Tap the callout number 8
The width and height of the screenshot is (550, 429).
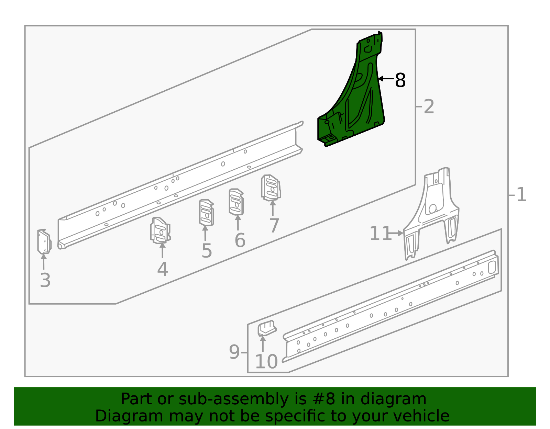pyautogui.click(x=400, y=80)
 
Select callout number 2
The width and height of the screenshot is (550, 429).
pyautogui.click(x=429, y=107)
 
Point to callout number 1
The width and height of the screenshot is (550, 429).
pyautogui.click(x=521, y=195)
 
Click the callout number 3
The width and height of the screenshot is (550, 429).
pyautogui.click(x=45, y=280)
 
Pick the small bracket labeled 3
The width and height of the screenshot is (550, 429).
pyautogui.click(x=44, y=241)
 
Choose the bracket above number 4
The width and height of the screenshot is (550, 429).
pyautogui.click(x=160, y=230)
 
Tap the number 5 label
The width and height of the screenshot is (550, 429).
pyautogui.click(x=207, y=251)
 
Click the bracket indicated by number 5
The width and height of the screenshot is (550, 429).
pyautogui.click(x=206, y=213)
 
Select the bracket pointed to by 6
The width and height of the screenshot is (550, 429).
pyautogui.click(x=236, y=202)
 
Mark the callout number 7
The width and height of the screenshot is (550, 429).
pyautogui.click(x=274, y=226)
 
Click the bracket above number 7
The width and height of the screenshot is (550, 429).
pyautogui.click(x=271, y=188)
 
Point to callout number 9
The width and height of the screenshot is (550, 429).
pyautogui.click(x=234, y=352)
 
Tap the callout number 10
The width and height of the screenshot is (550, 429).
pyautogui.click(x=266, y=362)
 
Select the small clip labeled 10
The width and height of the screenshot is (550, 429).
pyautogui.click(x=267, y=328)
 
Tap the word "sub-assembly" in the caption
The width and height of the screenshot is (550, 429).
pyautogui.click(x=233, y=399)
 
